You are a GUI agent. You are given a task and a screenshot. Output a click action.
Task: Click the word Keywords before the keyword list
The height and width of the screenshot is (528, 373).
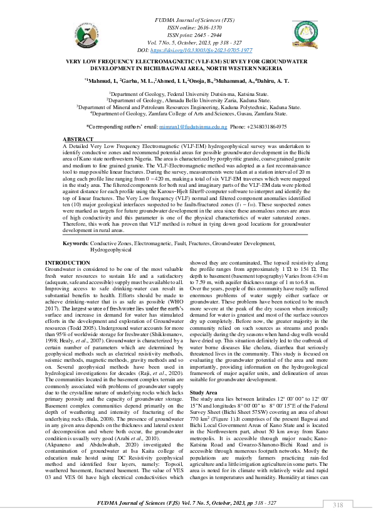coord(75,243)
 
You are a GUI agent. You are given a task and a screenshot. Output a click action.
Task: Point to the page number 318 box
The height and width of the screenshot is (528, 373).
coord(339,505)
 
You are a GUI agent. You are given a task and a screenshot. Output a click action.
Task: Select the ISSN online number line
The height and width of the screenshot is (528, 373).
coord(186,28)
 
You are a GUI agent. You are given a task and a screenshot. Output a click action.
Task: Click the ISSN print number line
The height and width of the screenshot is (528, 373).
coord(186,35)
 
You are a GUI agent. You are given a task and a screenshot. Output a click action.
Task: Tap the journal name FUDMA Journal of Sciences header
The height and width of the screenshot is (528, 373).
coord(186,21)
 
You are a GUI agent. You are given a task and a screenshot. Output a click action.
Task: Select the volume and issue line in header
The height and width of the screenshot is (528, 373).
coord(186,42)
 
